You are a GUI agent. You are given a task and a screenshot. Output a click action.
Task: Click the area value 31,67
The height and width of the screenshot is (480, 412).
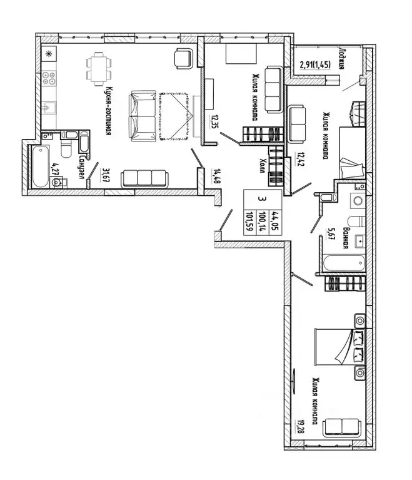tap(106, 175)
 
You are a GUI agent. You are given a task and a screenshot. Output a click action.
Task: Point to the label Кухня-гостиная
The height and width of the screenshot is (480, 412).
tap(108, 111)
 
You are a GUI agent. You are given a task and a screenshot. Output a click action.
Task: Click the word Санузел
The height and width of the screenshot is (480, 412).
tap(82, 168)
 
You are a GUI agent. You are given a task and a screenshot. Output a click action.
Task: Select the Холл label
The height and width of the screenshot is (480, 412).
tap(262, 166)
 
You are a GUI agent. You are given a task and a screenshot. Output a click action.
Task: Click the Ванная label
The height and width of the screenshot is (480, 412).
tap(346, 238)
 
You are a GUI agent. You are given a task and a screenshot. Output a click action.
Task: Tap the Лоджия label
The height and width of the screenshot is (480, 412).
tap(342, 58)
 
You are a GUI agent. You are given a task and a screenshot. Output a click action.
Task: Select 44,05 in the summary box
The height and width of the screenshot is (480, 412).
tap(273, 221)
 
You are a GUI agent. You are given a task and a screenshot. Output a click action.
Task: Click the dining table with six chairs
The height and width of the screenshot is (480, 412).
tap(99, 69)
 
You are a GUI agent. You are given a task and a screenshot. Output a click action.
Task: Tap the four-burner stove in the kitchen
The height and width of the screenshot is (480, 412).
tap(49, 78)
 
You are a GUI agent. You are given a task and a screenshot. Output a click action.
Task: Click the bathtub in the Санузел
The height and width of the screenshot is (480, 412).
tap(41, 166)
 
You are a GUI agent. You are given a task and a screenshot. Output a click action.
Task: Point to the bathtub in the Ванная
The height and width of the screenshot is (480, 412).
tap(344, 263)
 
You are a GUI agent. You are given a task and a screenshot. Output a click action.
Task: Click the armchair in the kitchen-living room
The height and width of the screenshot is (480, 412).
tap(184, 58)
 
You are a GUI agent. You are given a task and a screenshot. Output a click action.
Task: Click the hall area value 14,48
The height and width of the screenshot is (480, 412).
tap(216, 176)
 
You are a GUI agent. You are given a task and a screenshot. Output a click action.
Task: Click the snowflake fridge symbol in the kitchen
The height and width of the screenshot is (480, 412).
tap(48, 54)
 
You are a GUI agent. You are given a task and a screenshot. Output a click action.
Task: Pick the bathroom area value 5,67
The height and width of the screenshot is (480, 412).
tap(329, 234)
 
